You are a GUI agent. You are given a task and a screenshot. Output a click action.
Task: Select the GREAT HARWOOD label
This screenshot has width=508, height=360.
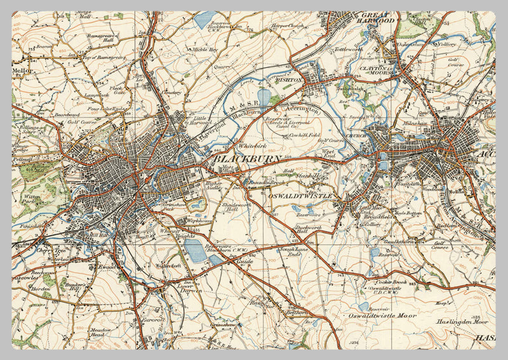click(378, 17)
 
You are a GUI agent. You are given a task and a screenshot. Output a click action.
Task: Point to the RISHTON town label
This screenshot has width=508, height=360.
click(290, 81)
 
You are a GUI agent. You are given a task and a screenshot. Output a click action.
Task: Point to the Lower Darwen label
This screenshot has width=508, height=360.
click(187, 287)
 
